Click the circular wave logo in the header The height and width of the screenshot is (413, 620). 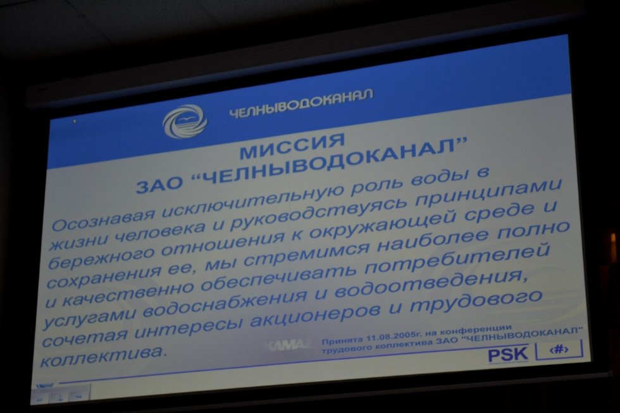point(184,121)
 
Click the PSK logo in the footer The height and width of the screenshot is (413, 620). point(507,354)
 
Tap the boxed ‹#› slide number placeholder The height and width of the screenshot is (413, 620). point(558,349)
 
